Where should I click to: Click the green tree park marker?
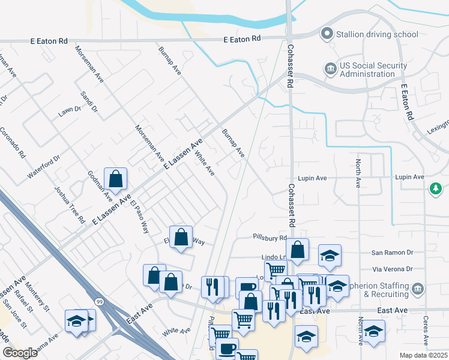coord(436,190)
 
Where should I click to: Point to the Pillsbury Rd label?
coord(270,238)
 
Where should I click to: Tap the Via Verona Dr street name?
coord(393,269)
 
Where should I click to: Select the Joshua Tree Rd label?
coord(70,204)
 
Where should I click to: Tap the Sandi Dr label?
coord(89,103)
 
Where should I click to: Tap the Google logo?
coord(20,353)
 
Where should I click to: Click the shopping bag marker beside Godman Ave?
coord(115,179)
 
